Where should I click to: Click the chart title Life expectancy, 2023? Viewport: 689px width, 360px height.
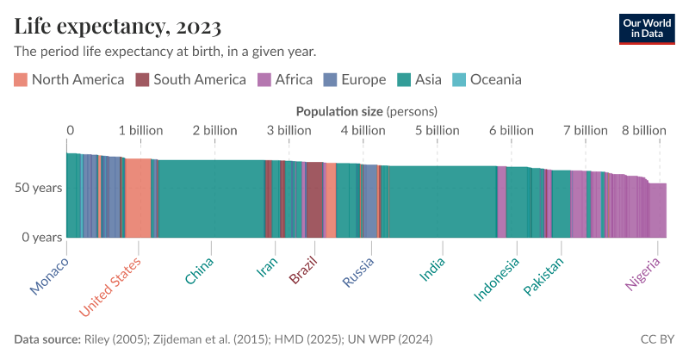pyautogui.click(x=118, y=25)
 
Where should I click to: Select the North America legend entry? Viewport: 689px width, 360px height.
pyautogui.click(x=70, y=80)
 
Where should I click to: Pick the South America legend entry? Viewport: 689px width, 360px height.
pyautogui.click(x=190, y=80)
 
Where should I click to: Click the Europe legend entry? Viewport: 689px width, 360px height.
pyautogui.click(x=355, y=80)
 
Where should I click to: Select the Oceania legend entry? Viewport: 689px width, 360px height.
pyautogui.click(x=487, y=80)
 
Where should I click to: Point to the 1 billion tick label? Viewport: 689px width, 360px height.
pyautogui.click(x=140, y=130)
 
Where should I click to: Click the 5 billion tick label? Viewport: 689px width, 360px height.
pyautogui.click(x=437, y=130)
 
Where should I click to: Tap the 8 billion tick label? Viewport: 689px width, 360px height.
pyautogui.click(x=643, y=130)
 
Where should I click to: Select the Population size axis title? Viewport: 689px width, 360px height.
pyautogui.click(x=367, y=111)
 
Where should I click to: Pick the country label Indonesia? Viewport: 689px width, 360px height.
pyautogui.click(x=497, y=280)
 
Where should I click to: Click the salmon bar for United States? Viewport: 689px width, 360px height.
pyautogui.click(x=138, y=197)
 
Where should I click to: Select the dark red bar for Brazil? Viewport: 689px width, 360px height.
pyautogui.click(x=314, y=199)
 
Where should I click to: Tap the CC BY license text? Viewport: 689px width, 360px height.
pyautogui.click(x=658, y=339)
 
